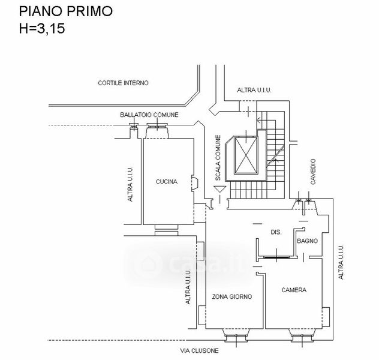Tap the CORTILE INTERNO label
coord(123,83)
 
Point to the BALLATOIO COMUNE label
coord(149,115)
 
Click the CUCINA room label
coord(166,182)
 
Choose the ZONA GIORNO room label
coord(232,296)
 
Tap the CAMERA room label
coord(294,290)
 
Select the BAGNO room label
coord(306,241)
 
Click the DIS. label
coord(276,232)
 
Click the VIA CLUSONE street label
coord(199,350)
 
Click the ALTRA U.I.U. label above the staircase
coord(254,90)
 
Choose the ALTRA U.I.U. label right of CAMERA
coord(341,263)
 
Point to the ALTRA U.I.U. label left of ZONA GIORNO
coord(188,288)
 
